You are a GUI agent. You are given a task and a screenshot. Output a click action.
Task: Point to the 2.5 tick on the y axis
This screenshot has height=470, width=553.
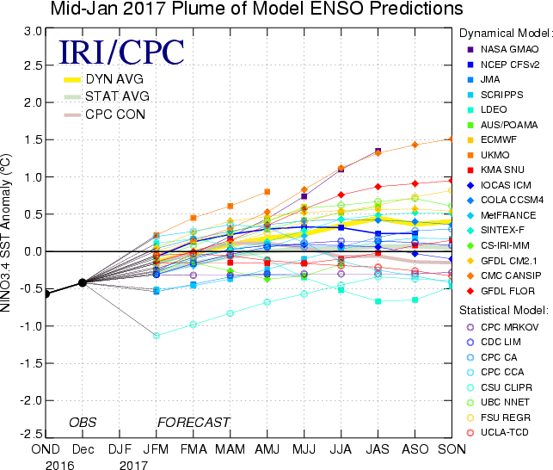(x=33, y=65)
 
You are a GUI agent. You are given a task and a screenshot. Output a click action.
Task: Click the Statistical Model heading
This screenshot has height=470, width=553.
(x=503, y=308)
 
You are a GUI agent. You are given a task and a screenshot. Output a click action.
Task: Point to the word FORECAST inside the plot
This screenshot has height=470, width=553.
(x=194, y=422)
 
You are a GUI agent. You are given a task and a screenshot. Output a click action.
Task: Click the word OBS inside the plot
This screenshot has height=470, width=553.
(x=84, y=422)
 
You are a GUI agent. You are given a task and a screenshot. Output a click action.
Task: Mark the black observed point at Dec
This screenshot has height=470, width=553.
(x=83, y=282)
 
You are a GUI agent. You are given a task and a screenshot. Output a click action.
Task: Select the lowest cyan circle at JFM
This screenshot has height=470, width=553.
(x=157, y=335)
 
